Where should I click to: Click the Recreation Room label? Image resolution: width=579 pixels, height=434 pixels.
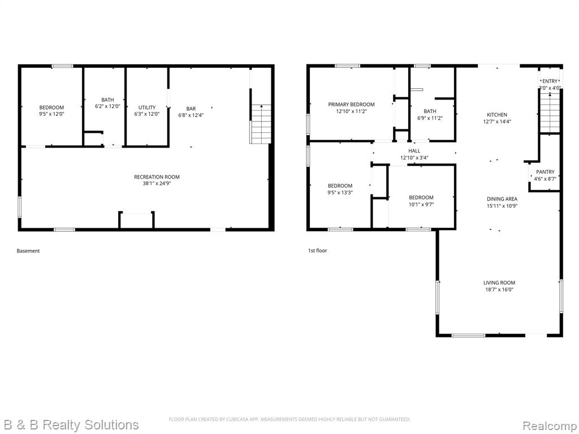tap(157, 177)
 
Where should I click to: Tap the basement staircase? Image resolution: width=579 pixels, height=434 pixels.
tap(261, 124)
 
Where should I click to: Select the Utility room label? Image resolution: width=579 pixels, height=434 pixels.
tap(147, 107)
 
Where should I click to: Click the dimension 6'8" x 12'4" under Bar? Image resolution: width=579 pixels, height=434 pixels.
tap(191, 115)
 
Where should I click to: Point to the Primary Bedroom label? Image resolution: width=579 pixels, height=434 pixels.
tap(351, 105)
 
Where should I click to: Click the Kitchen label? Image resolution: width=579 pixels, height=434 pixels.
tap(497, 115)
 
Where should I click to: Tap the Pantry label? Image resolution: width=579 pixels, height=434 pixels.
tap(545, 172)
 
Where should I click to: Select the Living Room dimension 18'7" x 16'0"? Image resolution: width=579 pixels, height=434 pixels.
tap(499, 290)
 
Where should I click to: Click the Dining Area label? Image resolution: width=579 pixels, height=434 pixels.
tap(502, 199)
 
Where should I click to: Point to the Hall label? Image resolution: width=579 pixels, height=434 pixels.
tap(414, 151)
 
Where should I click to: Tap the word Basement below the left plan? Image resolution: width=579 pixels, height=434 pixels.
tap(28, 251)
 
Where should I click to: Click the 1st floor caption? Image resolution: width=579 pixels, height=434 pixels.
tap(318, 250)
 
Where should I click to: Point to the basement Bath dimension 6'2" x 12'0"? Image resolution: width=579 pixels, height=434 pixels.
tap(108, 107)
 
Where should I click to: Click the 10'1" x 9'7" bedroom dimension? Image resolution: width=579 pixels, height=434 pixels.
tap(421, 204)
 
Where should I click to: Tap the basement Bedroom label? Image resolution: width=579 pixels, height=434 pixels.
tap(51, 107)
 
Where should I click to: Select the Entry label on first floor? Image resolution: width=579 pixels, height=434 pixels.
tap(550, 81)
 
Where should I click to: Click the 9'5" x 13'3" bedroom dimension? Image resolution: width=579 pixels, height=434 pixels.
tap(340, 192)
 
